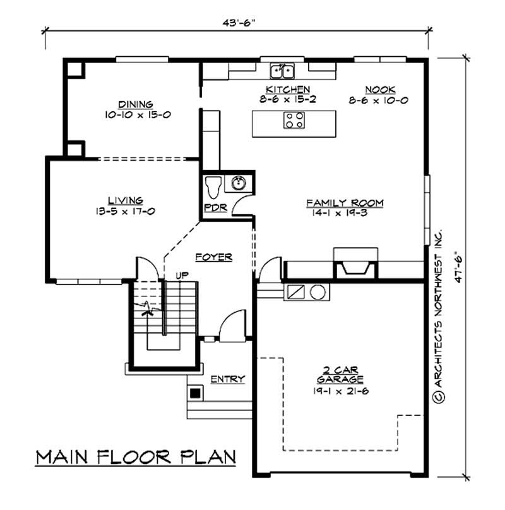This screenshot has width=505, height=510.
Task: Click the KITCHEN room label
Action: click(x=288, y=89)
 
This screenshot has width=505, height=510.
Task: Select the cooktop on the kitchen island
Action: click(x=294, y=120)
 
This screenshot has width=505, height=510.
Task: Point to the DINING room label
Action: click(x=136, y=104)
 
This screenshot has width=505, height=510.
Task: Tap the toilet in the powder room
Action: click(x=212, y=188)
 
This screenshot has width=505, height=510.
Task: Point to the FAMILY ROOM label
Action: click(x=345, y=203)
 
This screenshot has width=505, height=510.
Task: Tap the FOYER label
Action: click(x=213, y=257)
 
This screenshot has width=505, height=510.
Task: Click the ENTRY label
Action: click(x=227, y=379)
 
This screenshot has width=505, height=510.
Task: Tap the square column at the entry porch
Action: click(x=196, y=392)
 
